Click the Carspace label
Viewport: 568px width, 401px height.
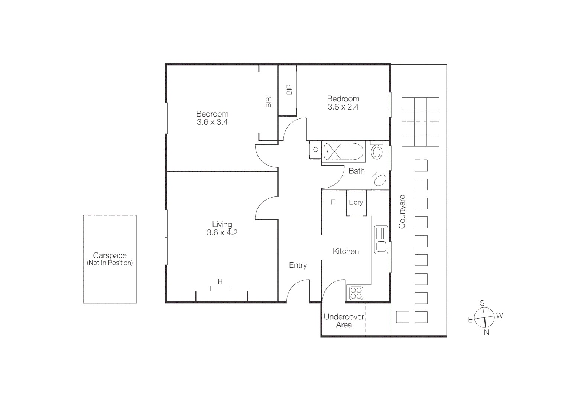pos(110,255)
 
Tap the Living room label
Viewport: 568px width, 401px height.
pos(222,224)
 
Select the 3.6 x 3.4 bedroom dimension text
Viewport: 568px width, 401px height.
pos(212,122)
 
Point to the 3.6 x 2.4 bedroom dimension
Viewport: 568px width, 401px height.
pos(343,107)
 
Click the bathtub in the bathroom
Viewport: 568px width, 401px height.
pos(343,151)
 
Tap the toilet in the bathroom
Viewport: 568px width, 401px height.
pos(377,152)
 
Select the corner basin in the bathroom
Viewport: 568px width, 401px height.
pos(380,180)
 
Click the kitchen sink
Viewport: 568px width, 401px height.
pos(381,239)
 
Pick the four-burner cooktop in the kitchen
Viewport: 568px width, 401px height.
pos(356,293)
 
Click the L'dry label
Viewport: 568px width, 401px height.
pos(356,202)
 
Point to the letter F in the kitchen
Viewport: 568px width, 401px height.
pos(333,202)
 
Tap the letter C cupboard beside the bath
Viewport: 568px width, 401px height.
pos(315,150)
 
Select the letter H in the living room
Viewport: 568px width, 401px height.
pos(220,282)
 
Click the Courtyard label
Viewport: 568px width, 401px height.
pos(402,211)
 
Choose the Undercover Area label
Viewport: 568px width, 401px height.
pos(344,321)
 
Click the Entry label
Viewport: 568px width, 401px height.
pos(298,265)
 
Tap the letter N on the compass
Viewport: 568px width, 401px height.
pos(486,333)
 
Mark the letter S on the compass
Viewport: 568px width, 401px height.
pos(482,303)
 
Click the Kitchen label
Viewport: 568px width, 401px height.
pos(345,251)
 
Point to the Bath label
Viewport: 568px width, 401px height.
pos(356,171)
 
